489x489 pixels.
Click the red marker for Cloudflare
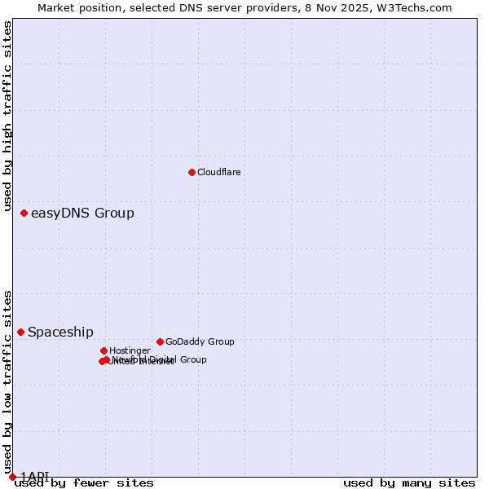point(192,172)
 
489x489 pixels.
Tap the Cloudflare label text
point(218,172)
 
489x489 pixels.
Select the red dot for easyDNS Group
point(24,213)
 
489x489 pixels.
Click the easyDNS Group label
point(82,214)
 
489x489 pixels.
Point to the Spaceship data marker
point(20,332)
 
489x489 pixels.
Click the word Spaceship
point(60,333)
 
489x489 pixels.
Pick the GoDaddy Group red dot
point(160,341)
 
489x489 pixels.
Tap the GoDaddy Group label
point(200,342)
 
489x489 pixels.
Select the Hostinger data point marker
point(104,350)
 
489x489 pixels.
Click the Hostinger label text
point(130,351)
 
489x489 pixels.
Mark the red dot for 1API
point(12,477)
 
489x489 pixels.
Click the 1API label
point(34,477)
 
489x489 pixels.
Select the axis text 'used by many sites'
point(409,483)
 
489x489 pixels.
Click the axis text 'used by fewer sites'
point(84,483)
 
